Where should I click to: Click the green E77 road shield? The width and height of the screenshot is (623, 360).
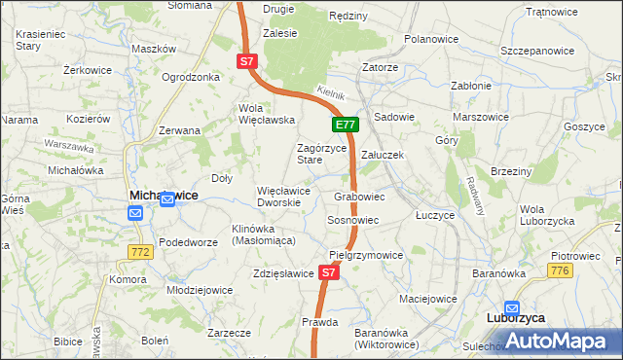(x=347, y=125)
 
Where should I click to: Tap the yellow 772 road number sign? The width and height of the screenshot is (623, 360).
(x=139, y=252)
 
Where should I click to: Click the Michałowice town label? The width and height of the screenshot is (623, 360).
(x=164, y=196)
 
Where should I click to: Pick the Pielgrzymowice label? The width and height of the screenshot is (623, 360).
(x=366, y=255)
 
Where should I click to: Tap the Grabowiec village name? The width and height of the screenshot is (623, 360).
(x=359, y=197)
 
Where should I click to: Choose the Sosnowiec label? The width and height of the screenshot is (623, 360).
(x=352, y=221)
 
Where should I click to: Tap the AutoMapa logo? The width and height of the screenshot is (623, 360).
(x=562, y=340)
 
